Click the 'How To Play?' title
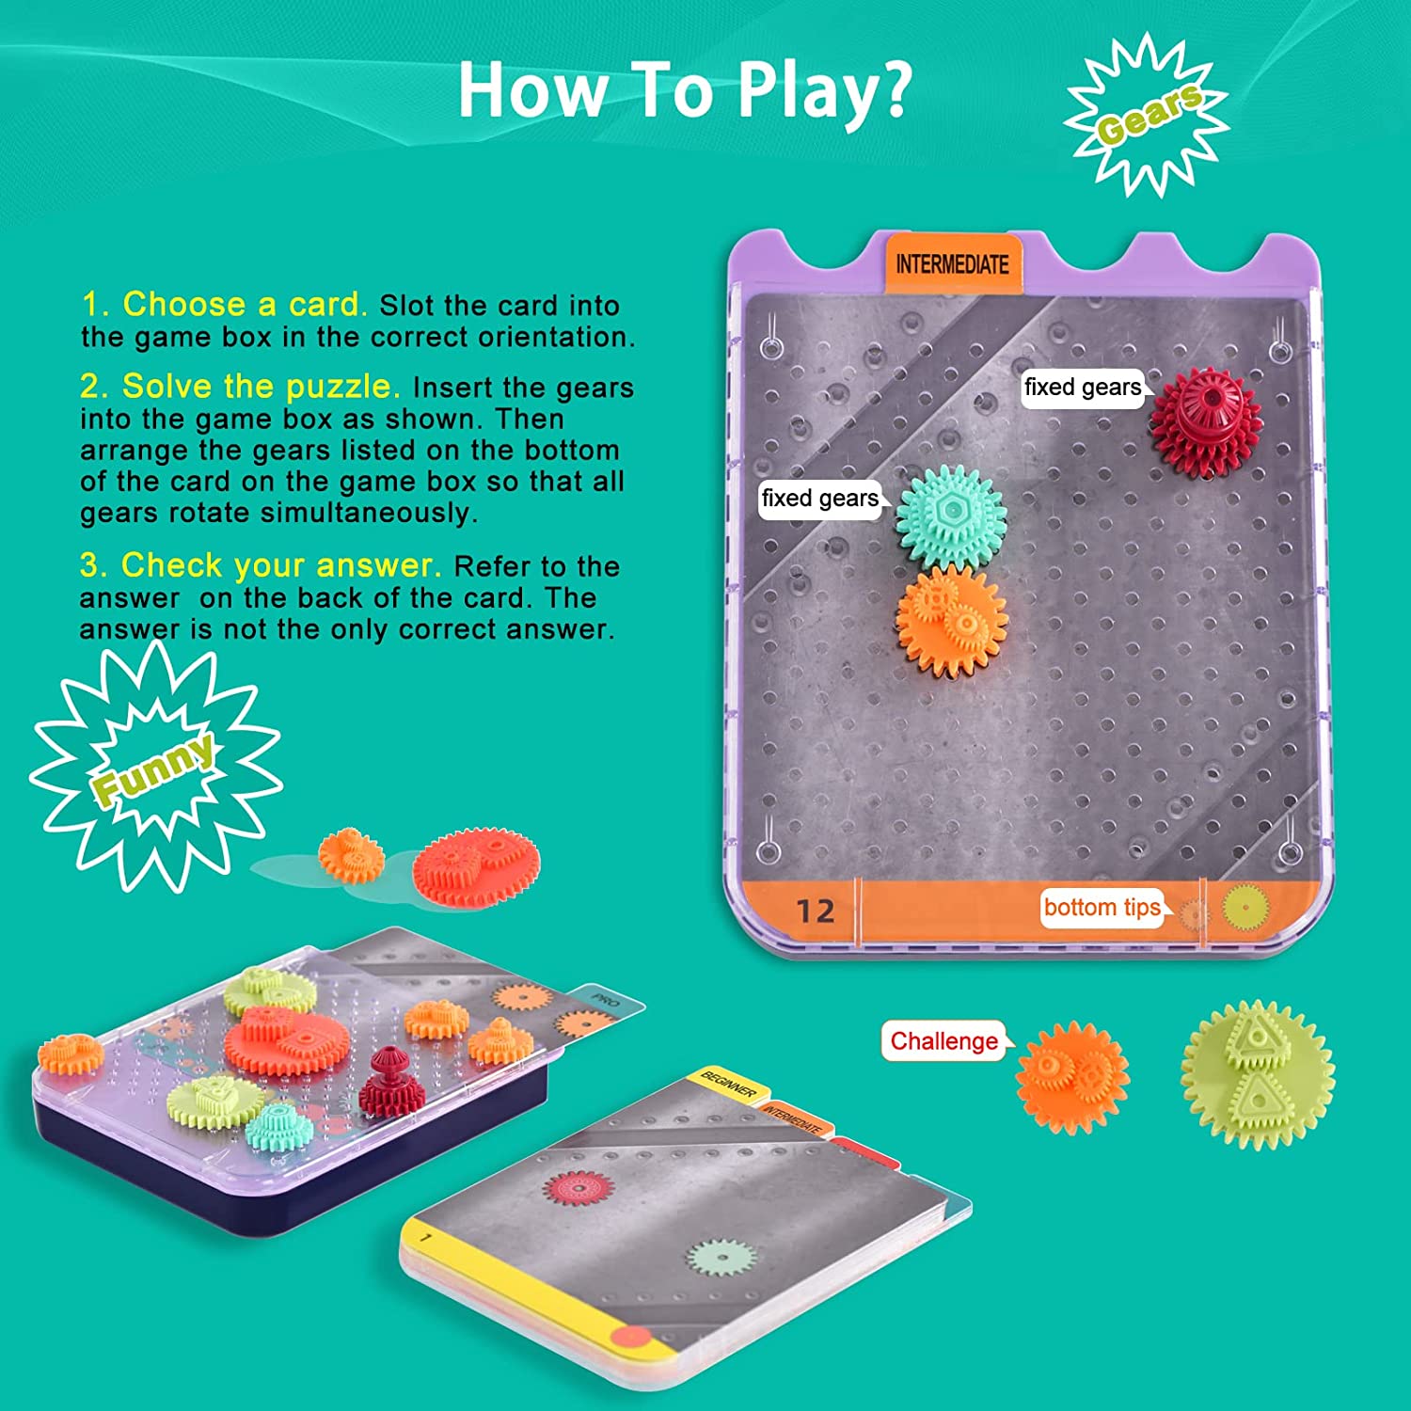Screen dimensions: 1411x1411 685,90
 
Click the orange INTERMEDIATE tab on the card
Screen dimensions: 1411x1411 953,263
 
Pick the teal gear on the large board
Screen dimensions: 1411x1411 951,515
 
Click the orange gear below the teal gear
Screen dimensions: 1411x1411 951,621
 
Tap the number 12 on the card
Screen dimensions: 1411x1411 815,911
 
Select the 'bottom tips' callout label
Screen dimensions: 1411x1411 1102,908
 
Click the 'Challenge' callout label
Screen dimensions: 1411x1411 944,1041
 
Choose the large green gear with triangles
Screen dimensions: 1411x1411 1258,1074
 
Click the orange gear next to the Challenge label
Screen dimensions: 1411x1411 1073,1076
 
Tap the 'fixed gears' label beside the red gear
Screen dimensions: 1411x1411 1083,388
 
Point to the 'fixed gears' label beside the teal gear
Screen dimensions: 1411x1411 820,499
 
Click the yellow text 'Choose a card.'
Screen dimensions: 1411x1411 224,305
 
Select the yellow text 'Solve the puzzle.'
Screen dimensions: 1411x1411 240,387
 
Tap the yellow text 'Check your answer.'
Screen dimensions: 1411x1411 260,565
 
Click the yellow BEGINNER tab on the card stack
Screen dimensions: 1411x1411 729,1085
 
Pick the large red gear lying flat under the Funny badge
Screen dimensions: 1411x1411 476,867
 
